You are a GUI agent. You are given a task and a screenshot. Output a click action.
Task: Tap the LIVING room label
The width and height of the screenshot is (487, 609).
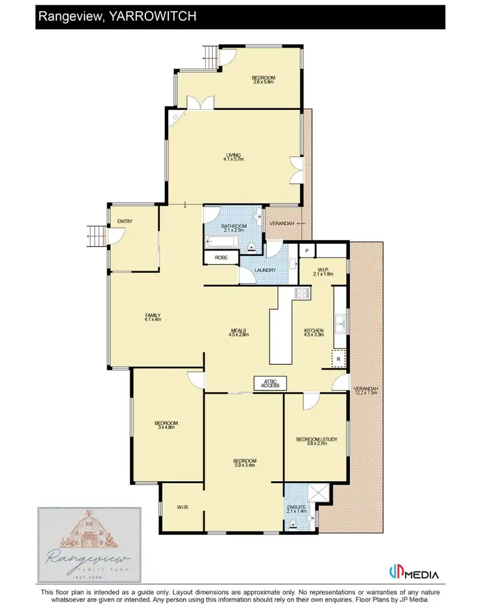pos(233,155)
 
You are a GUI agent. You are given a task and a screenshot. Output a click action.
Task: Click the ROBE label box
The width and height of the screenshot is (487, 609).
pos(219,257)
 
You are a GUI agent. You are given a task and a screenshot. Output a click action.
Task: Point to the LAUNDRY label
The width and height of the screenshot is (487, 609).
pos(266,270)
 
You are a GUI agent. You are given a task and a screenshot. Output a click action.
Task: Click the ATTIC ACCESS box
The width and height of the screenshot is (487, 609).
pos(270,383)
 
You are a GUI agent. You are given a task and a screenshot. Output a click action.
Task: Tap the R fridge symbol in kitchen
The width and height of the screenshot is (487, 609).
pos(338,358)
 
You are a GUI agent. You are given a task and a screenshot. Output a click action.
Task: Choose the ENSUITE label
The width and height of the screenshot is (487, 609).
pos(296,507)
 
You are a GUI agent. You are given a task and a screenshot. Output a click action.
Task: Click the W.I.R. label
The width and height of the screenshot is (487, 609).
pos(182,506)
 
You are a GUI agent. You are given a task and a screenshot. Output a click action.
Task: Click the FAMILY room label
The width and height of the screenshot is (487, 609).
pos(153,316)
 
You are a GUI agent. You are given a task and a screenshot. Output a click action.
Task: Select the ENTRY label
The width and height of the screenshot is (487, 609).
pos(125,221)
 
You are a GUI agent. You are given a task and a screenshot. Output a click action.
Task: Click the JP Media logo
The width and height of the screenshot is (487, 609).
pos(414,574)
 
